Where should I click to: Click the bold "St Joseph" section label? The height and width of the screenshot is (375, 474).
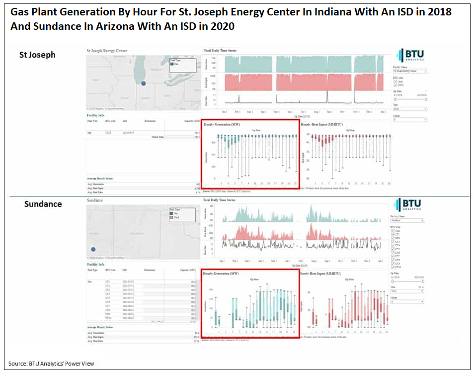pos(37,55)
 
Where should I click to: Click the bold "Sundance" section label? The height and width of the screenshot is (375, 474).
pos(43,204)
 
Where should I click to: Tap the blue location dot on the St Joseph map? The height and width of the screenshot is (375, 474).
pos(143,84)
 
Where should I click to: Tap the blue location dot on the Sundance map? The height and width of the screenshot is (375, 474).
pos(93,249)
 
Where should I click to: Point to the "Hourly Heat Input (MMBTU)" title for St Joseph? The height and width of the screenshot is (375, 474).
pos(322,124)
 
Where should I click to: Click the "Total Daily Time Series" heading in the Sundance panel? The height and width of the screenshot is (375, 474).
pos(220,200)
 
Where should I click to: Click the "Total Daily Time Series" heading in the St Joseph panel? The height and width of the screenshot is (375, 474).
pos(220,51)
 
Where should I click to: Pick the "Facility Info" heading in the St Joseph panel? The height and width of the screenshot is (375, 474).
pos(95,115)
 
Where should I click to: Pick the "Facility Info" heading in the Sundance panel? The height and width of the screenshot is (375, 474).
pos(95,265)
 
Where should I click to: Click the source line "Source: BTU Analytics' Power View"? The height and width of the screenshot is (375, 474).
pos(51,364)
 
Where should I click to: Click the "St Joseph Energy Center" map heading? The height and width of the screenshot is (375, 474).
pos(107,51)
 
